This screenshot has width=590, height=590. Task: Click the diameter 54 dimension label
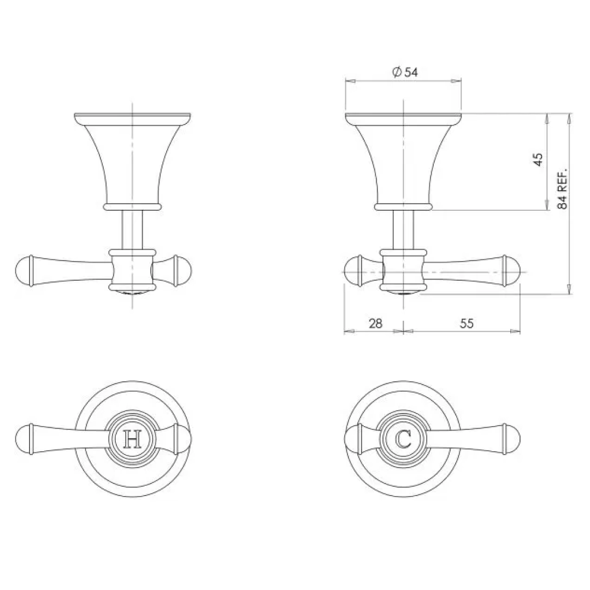tap(405, 72)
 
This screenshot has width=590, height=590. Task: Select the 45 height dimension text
tap(538, 160)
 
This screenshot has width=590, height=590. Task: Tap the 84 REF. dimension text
tap(563, 187)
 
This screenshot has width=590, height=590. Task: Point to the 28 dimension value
tap(375, 323)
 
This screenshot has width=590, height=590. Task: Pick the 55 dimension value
tap(466, 323)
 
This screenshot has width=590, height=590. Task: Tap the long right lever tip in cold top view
tap(512, 439)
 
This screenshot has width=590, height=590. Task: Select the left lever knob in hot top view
tap(25, 439)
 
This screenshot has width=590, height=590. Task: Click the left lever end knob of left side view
tap(25, 270)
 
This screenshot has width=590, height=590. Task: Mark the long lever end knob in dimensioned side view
tap(512, 270)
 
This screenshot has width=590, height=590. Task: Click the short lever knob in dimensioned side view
tap(353, 270)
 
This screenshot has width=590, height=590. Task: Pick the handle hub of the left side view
tap(132, 270)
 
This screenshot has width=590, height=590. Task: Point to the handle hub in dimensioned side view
tap(403, 270)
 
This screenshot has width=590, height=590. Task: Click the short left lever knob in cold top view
tap(354, 439)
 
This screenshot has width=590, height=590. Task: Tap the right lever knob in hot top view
tap(182, 439)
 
